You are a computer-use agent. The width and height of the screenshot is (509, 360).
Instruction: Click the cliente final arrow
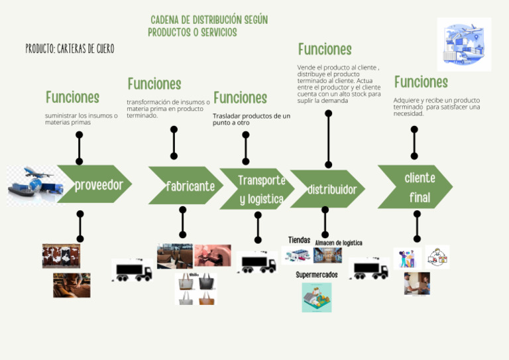point(416,187)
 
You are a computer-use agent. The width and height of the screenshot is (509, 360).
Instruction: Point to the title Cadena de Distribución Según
point(209,20)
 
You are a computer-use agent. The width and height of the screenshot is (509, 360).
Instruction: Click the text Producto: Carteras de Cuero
point(70,49)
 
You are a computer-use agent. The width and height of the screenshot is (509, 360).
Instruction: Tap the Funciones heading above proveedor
point(72,97)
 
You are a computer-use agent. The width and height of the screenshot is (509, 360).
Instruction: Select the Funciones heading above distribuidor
point(325,49)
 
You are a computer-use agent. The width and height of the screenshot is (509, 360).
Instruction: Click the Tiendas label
point(299,239)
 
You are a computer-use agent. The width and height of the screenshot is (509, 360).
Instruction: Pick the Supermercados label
point(316,274)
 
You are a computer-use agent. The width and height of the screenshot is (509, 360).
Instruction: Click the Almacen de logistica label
point(339,243)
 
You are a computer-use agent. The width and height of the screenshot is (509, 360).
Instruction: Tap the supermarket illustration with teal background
point(316,297)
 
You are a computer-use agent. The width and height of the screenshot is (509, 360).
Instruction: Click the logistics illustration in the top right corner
point(464,44)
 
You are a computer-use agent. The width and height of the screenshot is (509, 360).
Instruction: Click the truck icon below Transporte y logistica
point(257,263)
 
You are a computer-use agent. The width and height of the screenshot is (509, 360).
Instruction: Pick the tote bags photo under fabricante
point(196,288)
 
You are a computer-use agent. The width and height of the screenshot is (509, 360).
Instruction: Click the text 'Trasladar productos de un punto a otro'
point(251,119)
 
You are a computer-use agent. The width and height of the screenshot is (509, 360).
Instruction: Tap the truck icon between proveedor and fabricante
point(133,270)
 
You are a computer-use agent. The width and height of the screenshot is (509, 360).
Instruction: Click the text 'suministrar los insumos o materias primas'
point(81,119)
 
